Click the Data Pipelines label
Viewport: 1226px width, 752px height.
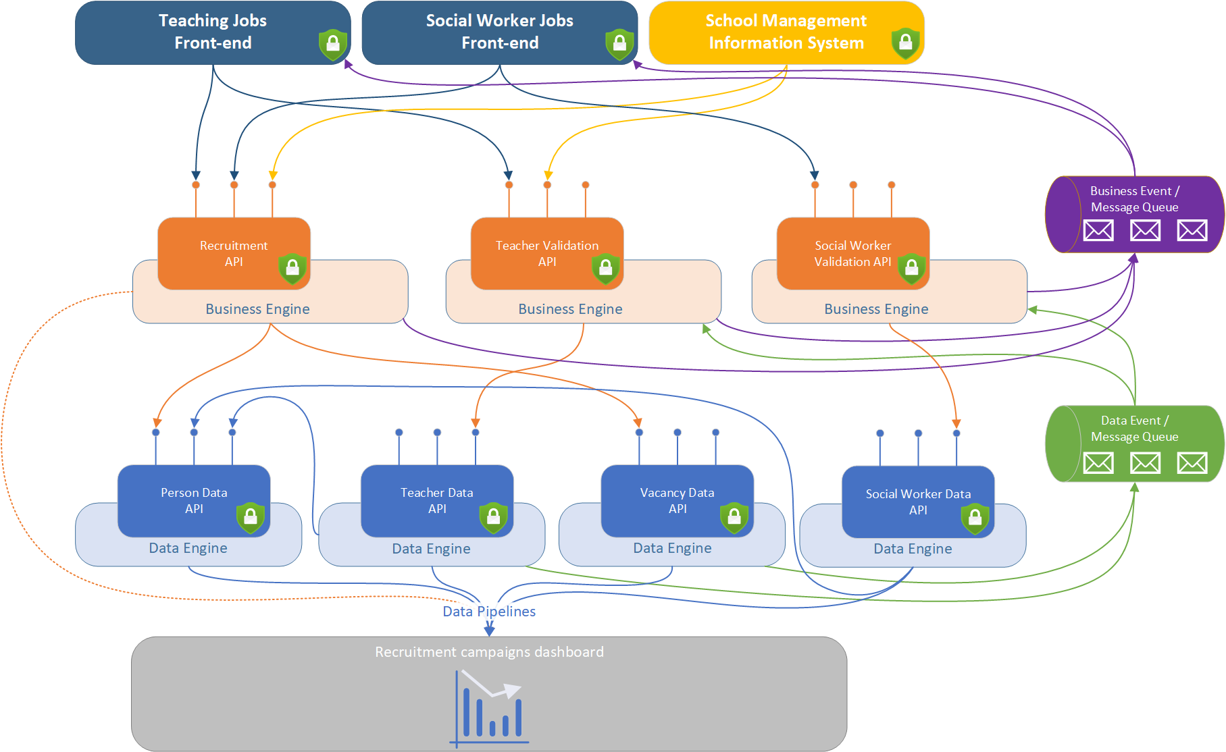click(x=489, y=611)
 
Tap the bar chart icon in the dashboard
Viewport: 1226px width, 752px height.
click(x=489, y=709)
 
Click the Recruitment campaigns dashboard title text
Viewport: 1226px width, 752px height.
click(x=489, y=652)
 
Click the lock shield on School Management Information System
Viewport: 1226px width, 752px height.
click(x=905, y=43)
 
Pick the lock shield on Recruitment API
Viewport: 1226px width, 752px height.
click(x=292, y=269)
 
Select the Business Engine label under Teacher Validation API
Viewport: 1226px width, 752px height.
click(x=570, y=309)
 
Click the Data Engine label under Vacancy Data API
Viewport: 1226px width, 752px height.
click(x=672, y=548)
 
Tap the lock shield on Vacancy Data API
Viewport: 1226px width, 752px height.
click(x=734, y=518)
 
